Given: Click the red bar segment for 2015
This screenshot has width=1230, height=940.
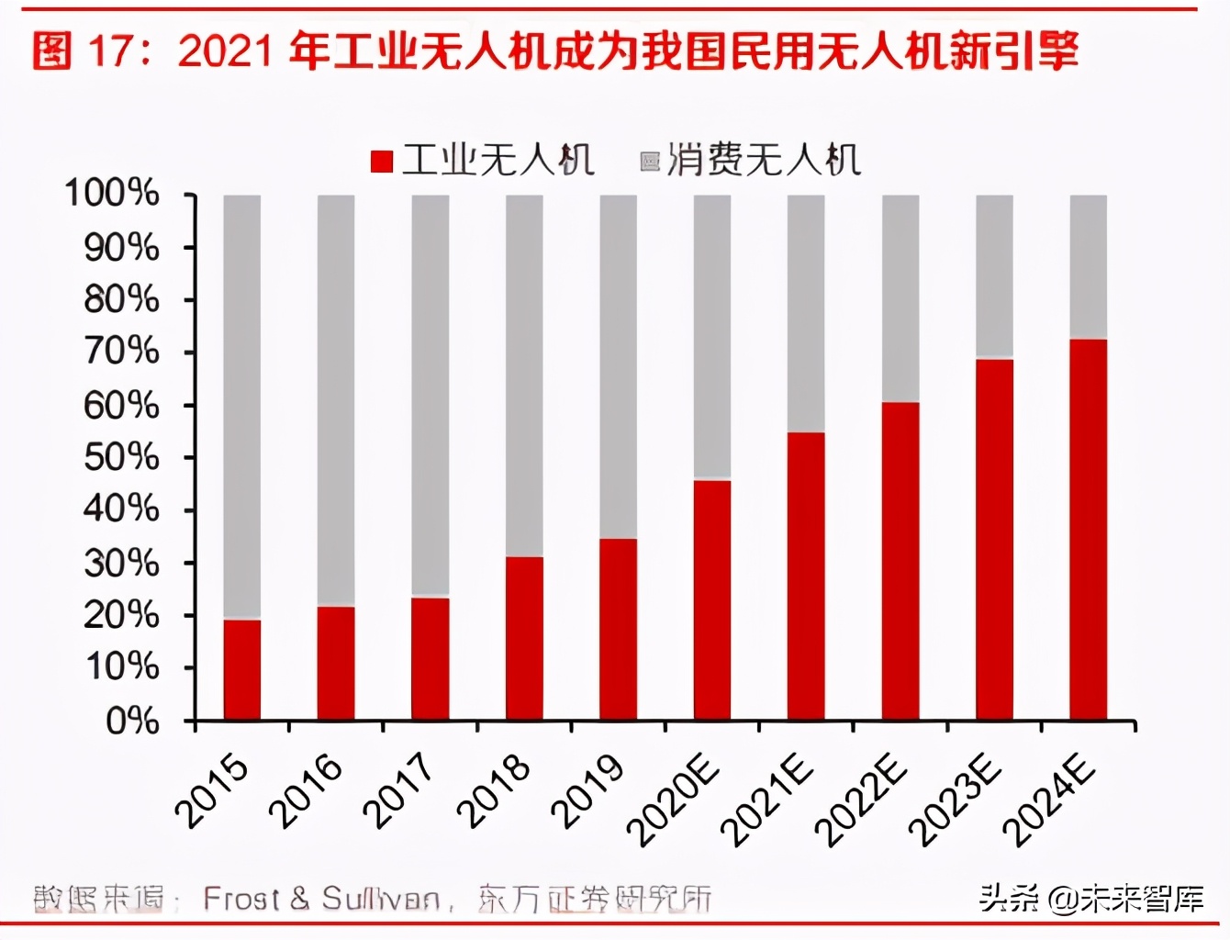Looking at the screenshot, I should (242, 670).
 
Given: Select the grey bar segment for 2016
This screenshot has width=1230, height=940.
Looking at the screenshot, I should (336, 400).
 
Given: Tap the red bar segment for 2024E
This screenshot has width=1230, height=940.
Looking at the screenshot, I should (1088, 530).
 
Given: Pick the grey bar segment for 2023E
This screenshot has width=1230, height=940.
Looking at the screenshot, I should (994, 276).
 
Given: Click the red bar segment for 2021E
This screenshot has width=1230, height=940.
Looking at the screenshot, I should (806, 576).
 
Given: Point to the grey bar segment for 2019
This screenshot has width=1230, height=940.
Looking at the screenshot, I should (618, 367).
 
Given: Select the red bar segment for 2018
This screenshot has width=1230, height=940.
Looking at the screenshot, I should (524, 638).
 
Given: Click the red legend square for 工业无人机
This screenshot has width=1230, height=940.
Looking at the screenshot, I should (382, 162).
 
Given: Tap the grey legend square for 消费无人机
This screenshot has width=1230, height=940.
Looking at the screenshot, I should (650, 162).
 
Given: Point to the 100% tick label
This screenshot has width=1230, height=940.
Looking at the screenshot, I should (112, 194).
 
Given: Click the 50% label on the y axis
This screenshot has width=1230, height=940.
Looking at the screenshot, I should (120, 457).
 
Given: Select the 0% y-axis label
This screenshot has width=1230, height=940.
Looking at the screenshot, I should (132, 722).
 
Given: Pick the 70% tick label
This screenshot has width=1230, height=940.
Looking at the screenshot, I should (120, 352).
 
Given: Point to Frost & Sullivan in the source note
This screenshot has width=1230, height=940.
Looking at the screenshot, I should (321, 899).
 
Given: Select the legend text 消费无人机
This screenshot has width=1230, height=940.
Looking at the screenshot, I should (764, 161).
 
